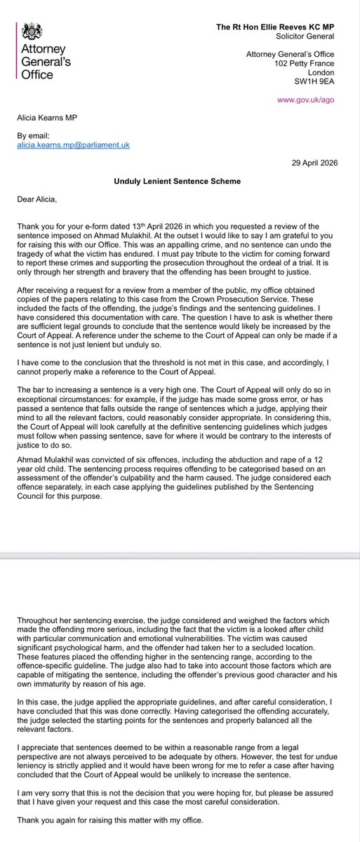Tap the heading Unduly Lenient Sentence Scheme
click(179, 180)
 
